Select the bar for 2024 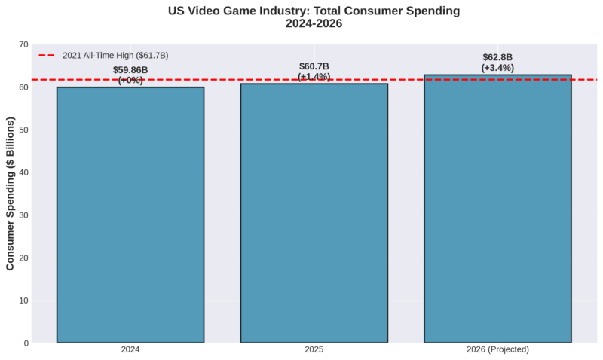(x=130, y=215)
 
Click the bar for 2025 (x=314, y=213)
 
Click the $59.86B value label (x=130, y=70)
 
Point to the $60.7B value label (x=314, y=66)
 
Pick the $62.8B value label (x=497, y=57)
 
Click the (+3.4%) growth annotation (x=497, y=68)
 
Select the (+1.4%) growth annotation (x=314, y=77)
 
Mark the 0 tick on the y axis (x=26, y=343)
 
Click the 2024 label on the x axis (x=130, y=350)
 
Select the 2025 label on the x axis (x=314, y=350)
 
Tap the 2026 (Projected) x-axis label (x=497, y=350)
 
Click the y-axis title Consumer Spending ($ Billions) (x=11, y=194)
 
